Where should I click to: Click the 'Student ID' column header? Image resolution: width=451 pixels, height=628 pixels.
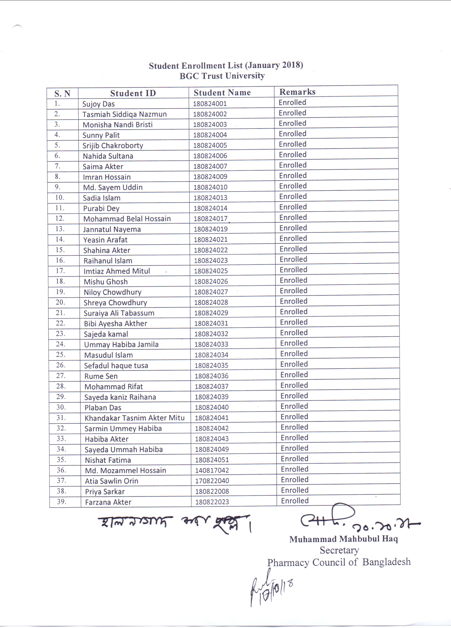[133, 93]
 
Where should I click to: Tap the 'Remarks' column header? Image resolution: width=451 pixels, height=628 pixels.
[297, 92]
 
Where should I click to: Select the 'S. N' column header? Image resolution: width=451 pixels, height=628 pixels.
[62, 94]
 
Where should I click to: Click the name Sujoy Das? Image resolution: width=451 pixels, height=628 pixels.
[98, 104]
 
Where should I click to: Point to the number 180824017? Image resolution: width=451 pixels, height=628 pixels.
[211, 219]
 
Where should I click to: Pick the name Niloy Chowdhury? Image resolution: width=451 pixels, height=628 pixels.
[113, 292]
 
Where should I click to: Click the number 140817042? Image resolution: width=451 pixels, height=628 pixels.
[212, 470]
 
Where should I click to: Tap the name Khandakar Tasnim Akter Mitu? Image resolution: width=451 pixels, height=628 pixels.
[134, 418]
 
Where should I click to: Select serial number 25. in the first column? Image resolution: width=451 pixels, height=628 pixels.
[61, 355]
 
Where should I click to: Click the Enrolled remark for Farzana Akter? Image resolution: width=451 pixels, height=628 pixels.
[295, 501]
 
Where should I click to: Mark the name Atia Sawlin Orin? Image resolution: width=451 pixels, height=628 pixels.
[112, 481]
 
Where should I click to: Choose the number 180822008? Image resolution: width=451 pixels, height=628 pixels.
[212, 491]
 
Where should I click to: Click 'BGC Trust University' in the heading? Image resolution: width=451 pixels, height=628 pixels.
[222, 76]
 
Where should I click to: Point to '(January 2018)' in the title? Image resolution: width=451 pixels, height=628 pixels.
[274, 65]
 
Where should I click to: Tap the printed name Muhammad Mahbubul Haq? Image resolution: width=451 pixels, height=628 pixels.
[343, 539]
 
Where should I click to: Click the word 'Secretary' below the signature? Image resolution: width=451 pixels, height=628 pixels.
[339, 550]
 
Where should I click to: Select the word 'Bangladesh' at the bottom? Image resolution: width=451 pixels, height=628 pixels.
[386, 562]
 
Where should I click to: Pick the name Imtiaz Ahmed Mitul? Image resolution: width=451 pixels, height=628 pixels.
[117, 271]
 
